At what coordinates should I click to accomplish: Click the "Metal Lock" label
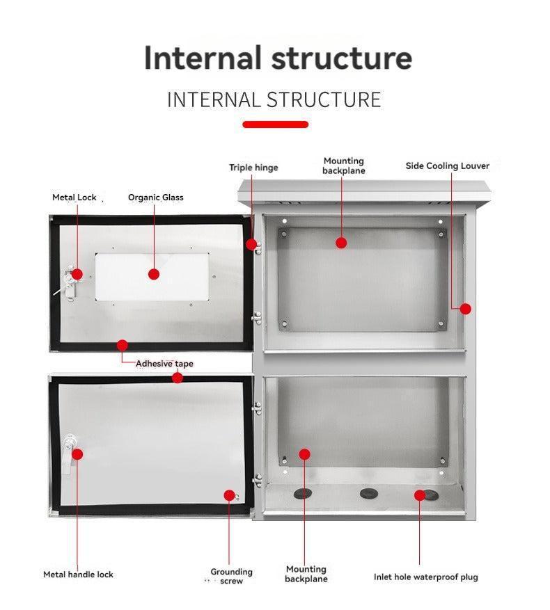[74, 198]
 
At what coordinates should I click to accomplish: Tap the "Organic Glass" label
[155, 198]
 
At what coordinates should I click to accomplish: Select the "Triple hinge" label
[253, 168]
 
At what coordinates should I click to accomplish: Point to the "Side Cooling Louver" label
[447, 166]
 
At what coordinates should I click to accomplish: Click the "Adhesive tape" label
[164, 364]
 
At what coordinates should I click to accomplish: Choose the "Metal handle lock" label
[78, 575]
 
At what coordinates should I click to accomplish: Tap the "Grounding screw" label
[231, 577]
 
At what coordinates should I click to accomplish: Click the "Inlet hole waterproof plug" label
[425, 577]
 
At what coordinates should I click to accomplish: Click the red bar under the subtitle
[275, 125]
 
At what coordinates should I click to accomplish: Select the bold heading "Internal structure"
[278, 58]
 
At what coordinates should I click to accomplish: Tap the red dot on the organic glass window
[154, 274]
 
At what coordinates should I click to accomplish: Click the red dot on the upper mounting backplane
[341, 243]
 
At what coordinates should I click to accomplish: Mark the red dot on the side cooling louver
[465, 309]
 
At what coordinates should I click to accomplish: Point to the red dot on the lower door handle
[77, 454]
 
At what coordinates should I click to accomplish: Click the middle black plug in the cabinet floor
[367, 494]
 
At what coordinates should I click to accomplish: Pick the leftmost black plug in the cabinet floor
[303, 493]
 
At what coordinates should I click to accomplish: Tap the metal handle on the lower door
[68, 452]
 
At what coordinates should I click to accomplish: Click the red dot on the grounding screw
[229, 495]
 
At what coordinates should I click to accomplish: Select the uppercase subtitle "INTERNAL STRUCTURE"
[274, 99]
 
